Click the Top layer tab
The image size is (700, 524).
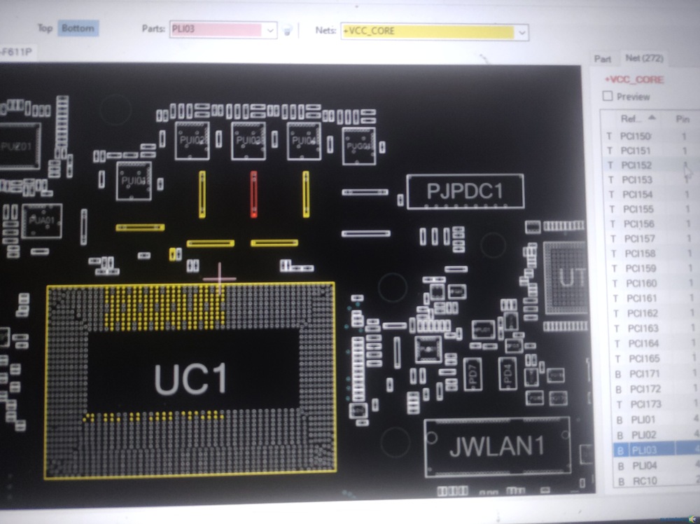coord(45,28)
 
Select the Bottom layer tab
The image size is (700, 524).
coord(78,28)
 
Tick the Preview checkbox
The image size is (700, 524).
coord(608,96)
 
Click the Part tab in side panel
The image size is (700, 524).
coord(602,59)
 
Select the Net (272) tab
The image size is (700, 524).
coord(644,58)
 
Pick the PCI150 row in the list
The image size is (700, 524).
coord(636,136)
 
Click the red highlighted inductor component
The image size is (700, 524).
coord(253,193)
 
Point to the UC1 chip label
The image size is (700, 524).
coord(190,380)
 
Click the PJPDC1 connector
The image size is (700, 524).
coord(465,191)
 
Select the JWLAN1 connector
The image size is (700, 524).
coord(497,447)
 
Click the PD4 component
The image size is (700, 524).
coord(507,372)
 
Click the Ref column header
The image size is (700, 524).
coord(633,118)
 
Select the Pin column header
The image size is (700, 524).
coord(682,119)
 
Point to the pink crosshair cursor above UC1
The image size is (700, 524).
coord(220,278)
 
